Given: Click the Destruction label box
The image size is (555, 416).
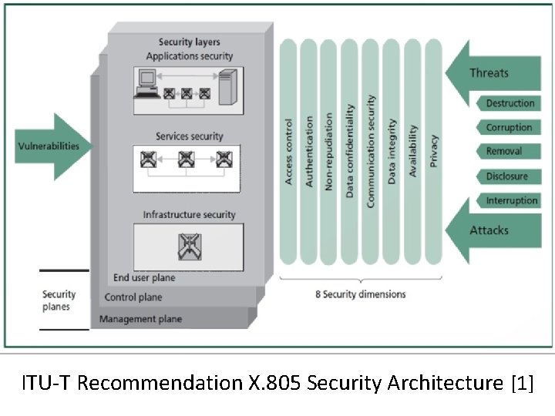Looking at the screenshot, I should (509, 103).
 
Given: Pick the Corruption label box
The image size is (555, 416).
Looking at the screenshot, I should (509, 127).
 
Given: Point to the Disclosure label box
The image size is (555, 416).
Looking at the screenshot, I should (506, 176).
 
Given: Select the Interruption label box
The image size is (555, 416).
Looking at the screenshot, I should (511, 201).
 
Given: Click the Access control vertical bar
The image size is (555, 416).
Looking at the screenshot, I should (289, 150).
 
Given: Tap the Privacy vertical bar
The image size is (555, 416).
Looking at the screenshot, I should (433, 150).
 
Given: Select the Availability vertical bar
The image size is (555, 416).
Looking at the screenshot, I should (412, 150).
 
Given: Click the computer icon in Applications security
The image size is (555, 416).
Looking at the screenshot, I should (146, 83).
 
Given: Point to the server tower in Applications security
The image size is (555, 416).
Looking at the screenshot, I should (227, 85).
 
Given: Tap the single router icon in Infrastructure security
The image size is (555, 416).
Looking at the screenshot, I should (188, 246).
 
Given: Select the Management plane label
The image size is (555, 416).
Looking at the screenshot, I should (140, 319).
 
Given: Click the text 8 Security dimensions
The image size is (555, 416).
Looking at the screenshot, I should (360, 294).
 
